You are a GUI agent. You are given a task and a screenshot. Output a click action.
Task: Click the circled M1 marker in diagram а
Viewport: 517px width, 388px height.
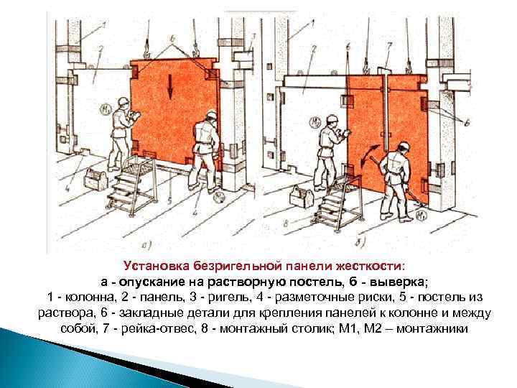(x=105, y=110)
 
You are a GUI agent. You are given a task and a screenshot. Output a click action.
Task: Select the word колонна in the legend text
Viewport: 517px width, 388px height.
(x=90, y=297)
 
